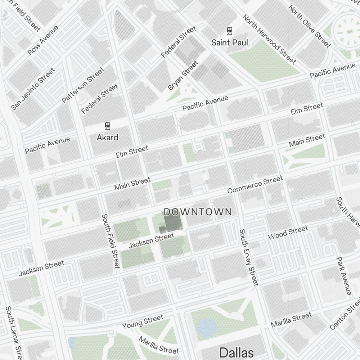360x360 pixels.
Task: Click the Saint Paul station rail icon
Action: (229, 31)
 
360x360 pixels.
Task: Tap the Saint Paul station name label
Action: (230, 42)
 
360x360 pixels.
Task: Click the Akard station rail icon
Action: (107, 126)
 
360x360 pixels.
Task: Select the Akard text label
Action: (107, 137)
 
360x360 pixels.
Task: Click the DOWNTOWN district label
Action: (198, 212)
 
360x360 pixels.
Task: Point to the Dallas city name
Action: (237, 352)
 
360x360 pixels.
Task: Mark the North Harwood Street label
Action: (269, 39)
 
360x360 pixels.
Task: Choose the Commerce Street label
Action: (255, 184)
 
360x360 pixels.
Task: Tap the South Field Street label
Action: (111, 241)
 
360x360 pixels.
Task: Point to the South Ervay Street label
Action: (249, 257)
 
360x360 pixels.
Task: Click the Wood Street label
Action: (288, 233)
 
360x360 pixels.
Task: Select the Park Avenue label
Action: (343, 275)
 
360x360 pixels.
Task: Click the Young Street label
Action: (143, 321)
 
